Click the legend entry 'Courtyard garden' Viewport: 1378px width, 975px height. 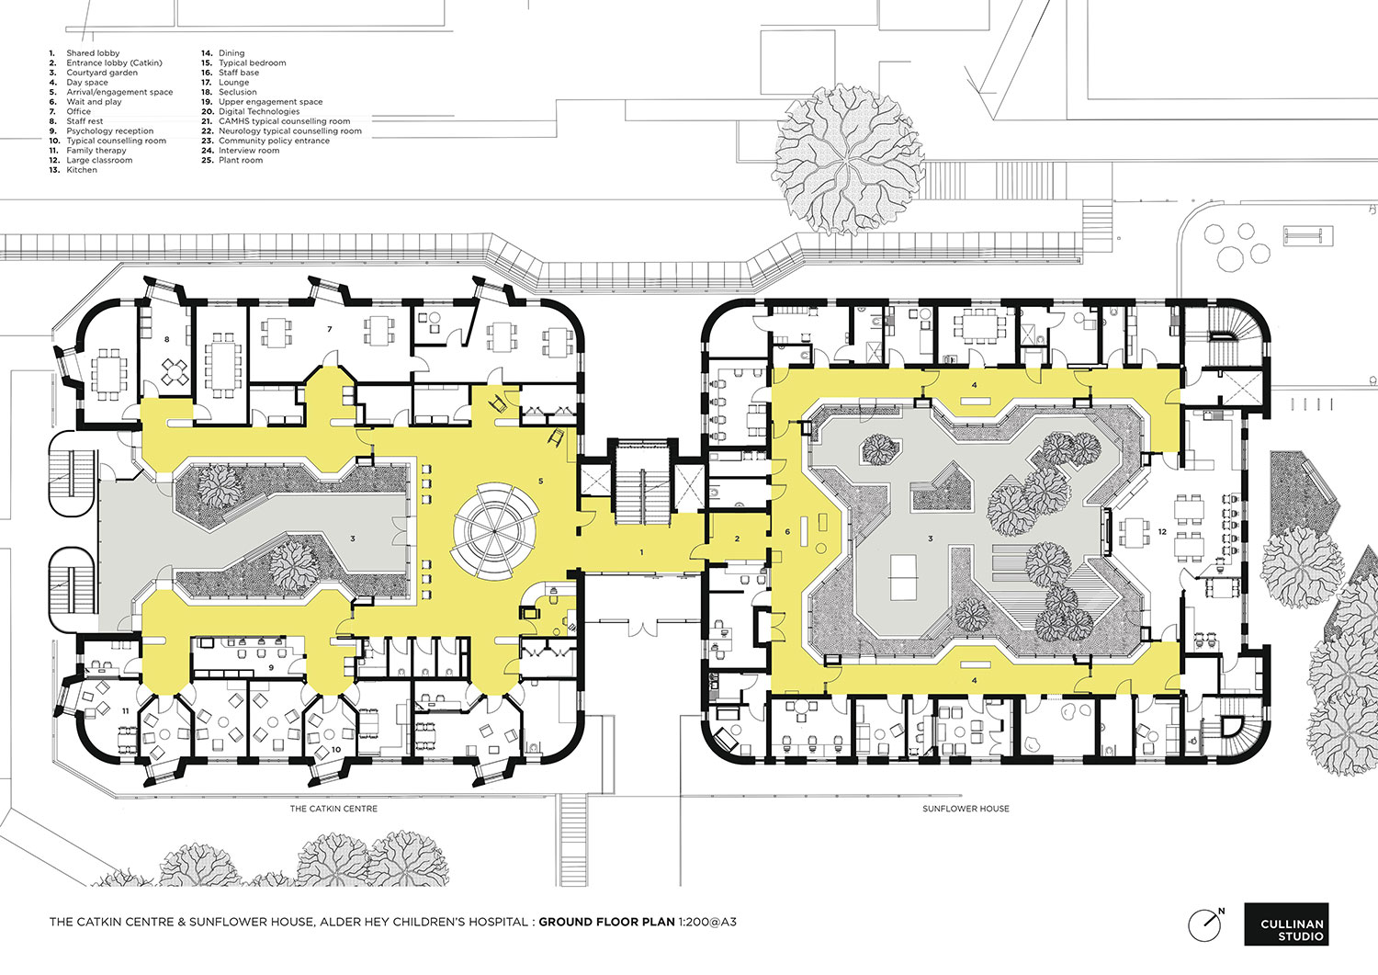click(102, 73)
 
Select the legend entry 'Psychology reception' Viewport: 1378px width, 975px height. click(110, 131)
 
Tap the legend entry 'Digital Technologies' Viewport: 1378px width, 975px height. click(259, 111)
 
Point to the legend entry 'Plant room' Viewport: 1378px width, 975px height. click(241, 160)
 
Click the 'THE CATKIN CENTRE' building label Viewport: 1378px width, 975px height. click(334, 808)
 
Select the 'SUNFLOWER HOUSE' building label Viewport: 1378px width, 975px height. click(966, 808)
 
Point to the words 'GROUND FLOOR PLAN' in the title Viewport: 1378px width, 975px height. click(606, 922)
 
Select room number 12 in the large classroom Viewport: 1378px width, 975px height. click(1162, 532)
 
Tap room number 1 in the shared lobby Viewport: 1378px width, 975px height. click(641, 553)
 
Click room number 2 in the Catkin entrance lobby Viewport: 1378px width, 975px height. click(737, 539)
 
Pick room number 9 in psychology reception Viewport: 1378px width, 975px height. click(271, 667)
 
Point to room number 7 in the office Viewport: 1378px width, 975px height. click(330, 329)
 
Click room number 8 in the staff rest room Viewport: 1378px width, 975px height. click(166, 339)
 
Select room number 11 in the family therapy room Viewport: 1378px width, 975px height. click(126, 711)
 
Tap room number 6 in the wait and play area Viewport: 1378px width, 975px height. click(787, 532)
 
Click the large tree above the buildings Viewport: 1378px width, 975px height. click(848, 159)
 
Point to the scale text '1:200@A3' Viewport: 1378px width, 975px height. click(707, 922)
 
